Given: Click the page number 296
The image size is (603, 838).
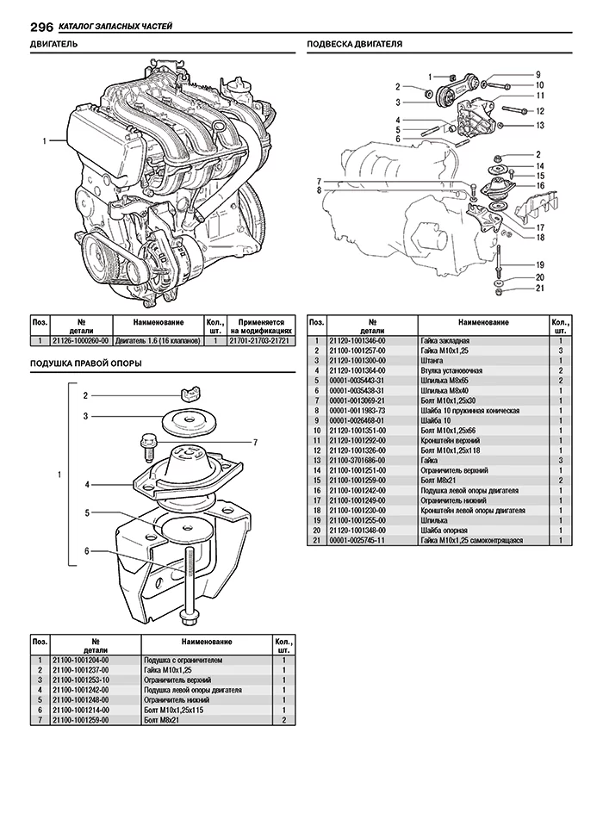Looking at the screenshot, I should (18, 26).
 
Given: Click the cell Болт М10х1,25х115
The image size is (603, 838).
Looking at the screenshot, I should (172, 710).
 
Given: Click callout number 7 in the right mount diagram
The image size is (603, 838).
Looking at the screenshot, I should (255, 442).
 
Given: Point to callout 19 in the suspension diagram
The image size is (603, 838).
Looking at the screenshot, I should (539, 264).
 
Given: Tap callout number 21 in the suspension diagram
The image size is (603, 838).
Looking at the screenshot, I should (539, 289).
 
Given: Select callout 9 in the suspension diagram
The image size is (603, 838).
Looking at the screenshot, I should (538, 74).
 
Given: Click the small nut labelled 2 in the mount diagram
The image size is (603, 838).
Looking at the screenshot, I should (190, 395).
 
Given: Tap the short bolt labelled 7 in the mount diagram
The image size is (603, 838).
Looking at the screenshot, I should (146, 450).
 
